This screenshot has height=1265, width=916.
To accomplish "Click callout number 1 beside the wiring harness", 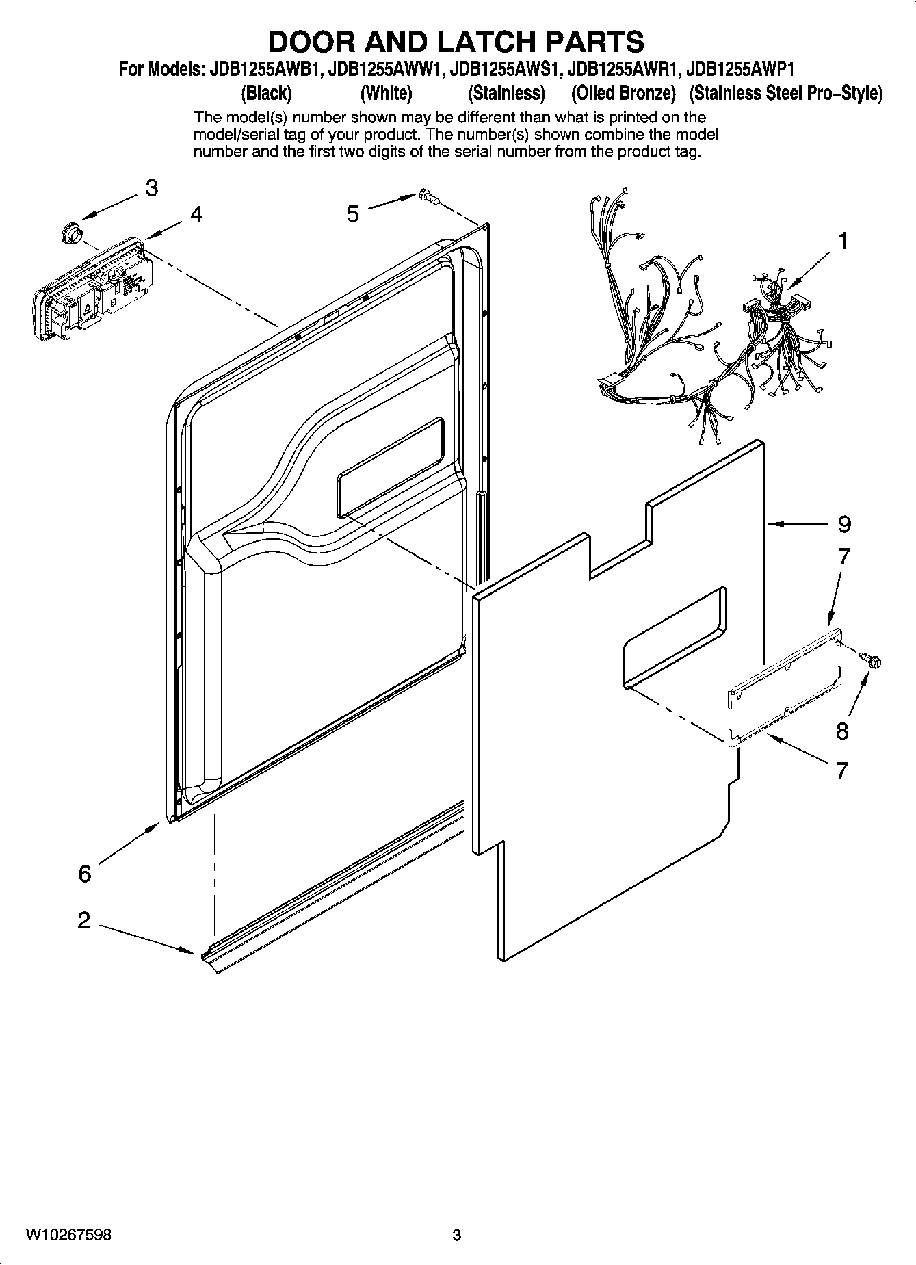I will point(843,242).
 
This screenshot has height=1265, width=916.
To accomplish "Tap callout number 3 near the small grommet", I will point(151,187).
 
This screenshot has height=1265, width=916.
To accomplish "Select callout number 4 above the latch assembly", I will point(196,215).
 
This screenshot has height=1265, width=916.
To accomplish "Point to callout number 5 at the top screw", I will point(352,214).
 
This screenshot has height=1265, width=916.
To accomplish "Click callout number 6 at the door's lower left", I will point(84,874).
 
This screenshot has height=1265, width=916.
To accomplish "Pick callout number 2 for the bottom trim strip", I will point(83,920).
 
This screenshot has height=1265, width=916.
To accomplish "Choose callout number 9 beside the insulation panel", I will point(844,525).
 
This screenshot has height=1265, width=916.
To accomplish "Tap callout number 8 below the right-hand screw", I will point(842,731).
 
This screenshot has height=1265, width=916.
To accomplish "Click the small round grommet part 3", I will point(70,233).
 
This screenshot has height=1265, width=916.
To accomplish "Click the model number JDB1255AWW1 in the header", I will point(382,69).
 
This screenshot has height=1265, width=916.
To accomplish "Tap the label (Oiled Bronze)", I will point(623,92).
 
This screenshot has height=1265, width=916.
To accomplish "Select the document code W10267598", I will point(69,1235).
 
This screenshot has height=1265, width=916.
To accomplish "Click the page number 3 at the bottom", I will point(457,1236).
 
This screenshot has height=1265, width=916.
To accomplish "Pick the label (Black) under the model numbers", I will point(266,92).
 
